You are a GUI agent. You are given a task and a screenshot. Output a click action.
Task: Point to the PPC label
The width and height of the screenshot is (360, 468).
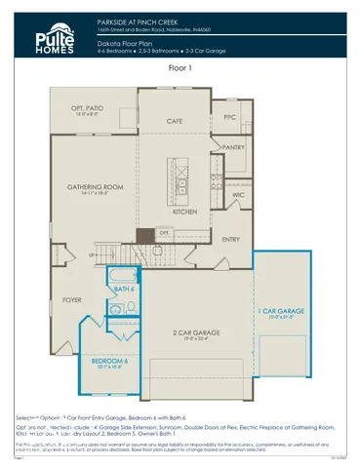point(229,117)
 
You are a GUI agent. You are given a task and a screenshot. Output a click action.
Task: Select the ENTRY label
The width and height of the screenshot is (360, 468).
point(231,239)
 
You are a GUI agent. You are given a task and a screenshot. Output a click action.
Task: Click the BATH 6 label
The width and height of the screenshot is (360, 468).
point(124,290)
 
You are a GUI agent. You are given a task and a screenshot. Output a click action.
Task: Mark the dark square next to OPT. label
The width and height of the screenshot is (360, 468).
point(145,235)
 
